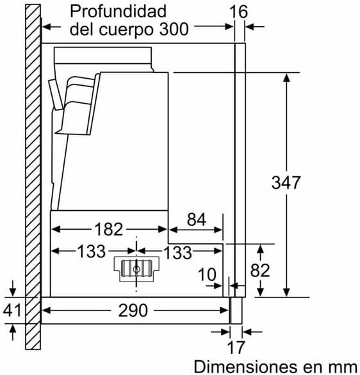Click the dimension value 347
(286, 182)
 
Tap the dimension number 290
(133, 310)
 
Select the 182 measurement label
(109, 229)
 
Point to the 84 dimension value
(197, 219)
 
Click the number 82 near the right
(260, 271)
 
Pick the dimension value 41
(12, 310)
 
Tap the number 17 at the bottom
(236, 347)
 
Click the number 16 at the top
(238, 12)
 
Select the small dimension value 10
(207, 275)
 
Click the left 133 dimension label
(92, 251)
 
